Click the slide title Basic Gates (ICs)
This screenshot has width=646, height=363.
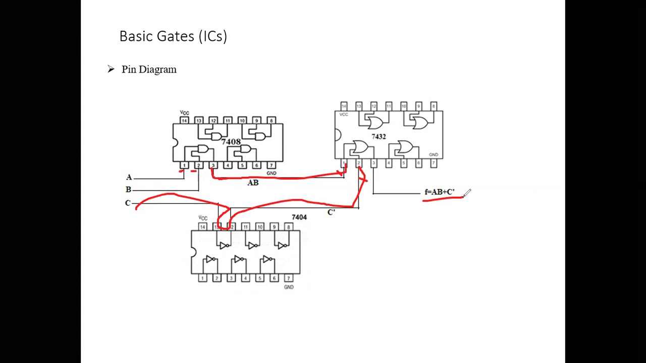[173, 36]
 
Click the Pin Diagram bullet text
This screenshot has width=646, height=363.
[149, 70]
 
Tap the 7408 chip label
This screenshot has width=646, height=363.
[231, 142]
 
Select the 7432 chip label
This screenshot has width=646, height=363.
[379, 137]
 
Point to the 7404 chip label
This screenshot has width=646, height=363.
[299, 217]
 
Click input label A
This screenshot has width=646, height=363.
[129, 177]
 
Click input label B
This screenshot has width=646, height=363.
[129, 190]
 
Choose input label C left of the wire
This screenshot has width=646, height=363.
[128, 203]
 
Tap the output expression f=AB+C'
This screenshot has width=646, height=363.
[440, 192]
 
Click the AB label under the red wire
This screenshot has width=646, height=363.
[253, 183]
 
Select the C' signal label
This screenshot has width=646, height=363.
[331, 212]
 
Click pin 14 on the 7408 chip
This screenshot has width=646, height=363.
[184, 120]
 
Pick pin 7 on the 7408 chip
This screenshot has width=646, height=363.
[271, 165]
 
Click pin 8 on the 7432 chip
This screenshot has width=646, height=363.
[433, 106]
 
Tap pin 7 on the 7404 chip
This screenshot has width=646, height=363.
[288, 278]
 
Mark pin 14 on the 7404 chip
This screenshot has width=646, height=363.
[202, 227]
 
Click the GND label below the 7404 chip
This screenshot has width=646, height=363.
[289, 287]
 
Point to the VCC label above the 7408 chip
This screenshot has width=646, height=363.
[184, 113]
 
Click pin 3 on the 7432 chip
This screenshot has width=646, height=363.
[373, 163]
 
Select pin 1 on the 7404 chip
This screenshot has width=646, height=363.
[202, 278]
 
